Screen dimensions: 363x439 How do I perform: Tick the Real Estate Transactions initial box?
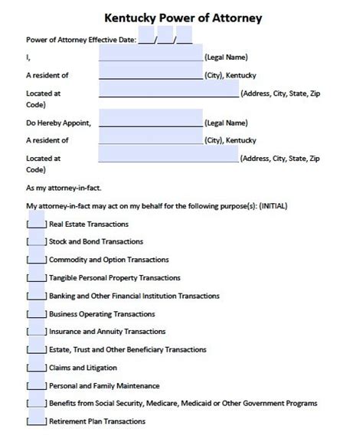(36, 224)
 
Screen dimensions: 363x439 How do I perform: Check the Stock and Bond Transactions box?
(36, 242)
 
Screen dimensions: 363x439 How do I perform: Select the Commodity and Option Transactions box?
(36, 260)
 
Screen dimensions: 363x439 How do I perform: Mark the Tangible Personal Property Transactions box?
(36, 277)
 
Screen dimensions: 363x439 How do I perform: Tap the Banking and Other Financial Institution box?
(36, 296)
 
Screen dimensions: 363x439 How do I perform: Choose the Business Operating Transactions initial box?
(36, 314)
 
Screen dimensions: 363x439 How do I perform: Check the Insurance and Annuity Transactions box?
(36, 332)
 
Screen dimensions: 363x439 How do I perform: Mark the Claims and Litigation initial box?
(36, 368)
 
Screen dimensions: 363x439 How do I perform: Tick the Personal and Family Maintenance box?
(36, 385)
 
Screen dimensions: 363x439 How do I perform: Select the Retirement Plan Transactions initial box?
(36, 421)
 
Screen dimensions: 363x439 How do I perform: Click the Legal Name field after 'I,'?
(150, 56)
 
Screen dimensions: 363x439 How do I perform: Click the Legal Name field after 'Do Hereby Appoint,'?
(150, 122)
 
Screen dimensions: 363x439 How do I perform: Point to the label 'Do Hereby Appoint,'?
(58, 123)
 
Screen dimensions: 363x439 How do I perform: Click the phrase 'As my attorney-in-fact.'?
(64, 187)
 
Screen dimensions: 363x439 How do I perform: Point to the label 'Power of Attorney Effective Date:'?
(81, 39)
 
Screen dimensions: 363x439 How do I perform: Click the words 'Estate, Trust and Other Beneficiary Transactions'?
(127, 350)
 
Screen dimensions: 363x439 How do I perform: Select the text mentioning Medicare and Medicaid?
(183, 404)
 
